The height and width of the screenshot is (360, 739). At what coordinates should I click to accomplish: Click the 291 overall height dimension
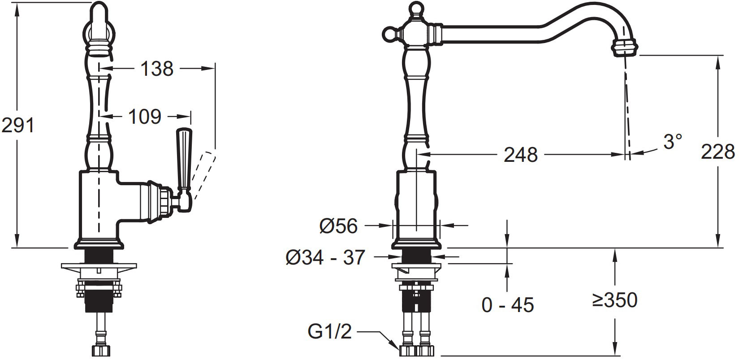point(18,126)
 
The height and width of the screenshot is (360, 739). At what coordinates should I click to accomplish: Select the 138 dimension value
point(157,69)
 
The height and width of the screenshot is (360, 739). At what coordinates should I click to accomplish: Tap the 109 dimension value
point(144,117)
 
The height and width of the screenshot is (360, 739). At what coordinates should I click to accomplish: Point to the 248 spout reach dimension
point(521,154)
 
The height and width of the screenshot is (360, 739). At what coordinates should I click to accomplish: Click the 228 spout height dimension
point(717,152)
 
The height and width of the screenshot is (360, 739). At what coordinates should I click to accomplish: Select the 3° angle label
point(672,142)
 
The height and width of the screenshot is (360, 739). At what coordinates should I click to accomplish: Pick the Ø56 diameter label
point(338,226)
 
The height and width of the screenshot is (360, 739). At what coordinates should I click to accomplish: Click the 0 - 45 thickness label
point(508,305)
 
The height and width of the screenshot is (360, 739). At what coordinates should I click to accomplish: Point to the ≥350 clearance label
point(614,300)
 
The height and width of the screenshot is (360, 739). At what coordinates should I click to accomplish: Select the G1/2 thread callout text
point(330,331)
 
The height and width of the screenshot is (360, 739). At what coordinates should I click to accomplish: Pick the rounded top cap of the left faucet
point(99,13)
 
